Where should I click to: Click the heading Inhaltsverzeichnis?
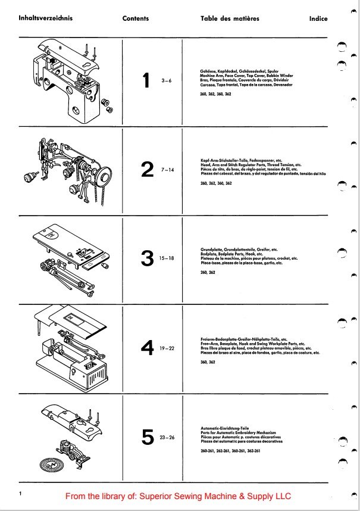[45, 18]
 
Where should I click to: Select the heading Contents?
[136, 18]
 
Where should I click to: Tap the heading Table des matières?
[230, 18]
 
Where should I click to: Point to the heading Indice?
[318, 18]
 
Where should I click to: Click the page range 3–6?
[166, 82]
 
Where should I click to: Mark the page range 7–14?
[168, 170]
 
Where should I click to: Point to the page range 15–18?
[168, 260]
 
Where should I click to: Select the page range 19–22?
[167, 348]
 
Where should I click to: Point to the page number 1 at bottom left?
[20, 494]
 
